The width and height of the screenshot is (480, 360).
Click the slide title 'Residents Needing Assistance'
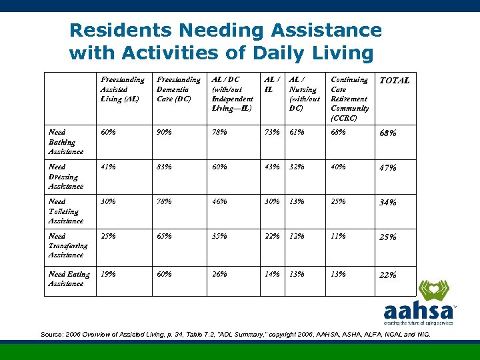pyautogui.click(x=225, y=31)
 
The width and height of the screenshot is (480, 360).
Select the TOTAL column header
pyautogui.click(x=394, y=81)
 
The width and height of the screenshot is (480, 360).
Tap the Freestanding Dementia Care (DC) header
pyautogui.click(x=178, y=89)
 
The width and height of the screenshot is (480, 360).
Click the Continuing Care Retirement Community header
pyautogui.click(x=349, y=99)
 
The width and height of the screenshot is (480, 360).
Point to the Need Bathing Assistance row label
pyautogui.click(x=66, y=142)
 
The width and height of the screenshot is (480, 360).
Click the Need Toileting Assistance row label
pyautogui.click(x=66, y=211)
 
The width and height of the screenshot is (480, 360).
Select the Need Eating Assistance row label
pyautogui.click(x=69, y=279)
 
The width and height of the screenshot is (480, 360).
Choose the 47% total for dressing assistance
pyautogui.click(x=388, y=168)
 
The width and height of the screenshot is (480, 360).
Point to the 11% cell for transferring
pyautogui.click(x=338, y=236)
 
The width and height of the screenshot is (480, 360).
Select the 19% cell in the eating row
pyautogui.click(x=107, y=274)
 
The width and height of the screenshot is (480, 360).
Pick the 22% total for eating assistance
pyautogui.click(x=388, y=275)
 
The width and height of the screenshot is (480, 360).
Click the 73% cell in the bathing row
pyautogui.click(x=272, y=132)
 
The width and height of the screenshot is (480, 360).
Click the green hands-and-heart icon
pyautogui.click(x=433, y=291)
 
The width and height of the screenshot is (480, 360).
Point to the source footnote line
pyautogui.click(x=235, y=334)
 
